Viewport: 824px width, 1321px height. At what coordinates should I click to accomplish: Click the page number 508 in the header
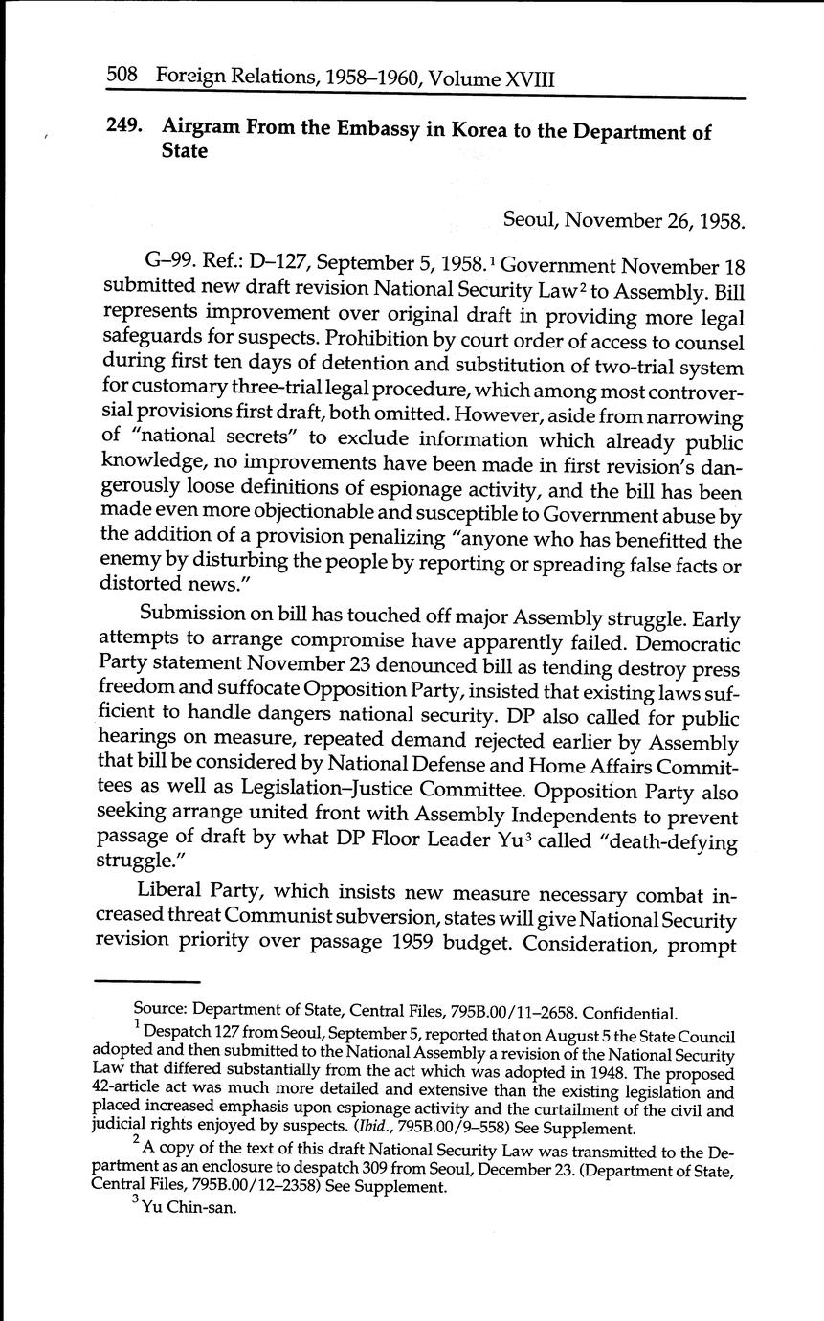click(x=123, y=77)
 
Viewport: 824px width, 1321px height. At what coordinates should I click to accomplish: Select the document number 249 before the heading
click(x=124, y=128)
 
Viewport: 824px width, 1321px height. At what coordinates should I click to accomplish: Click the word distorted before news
click(x=138, y=583)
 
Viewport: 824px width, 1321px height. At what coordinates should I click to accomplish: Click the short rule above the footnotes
click(x=148, y=981)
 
